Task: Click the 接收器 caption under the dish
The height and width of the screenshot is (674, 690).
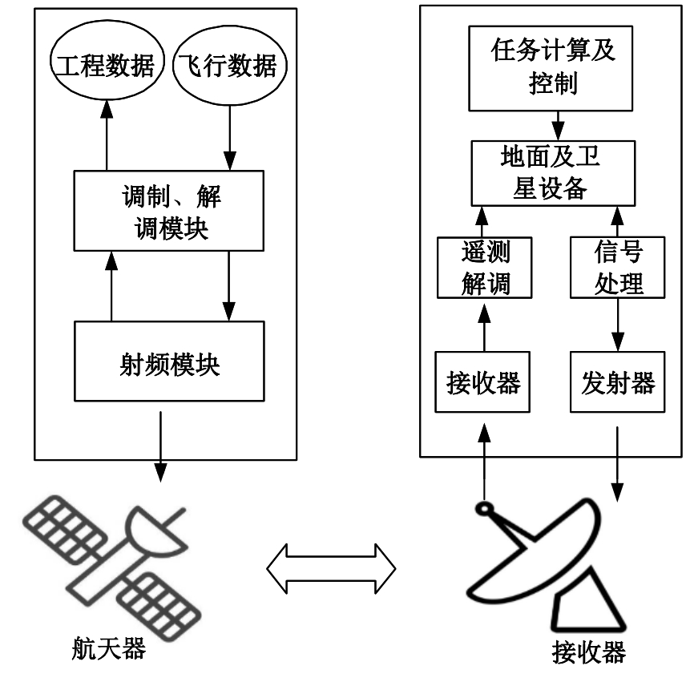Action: pos(589,653)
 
